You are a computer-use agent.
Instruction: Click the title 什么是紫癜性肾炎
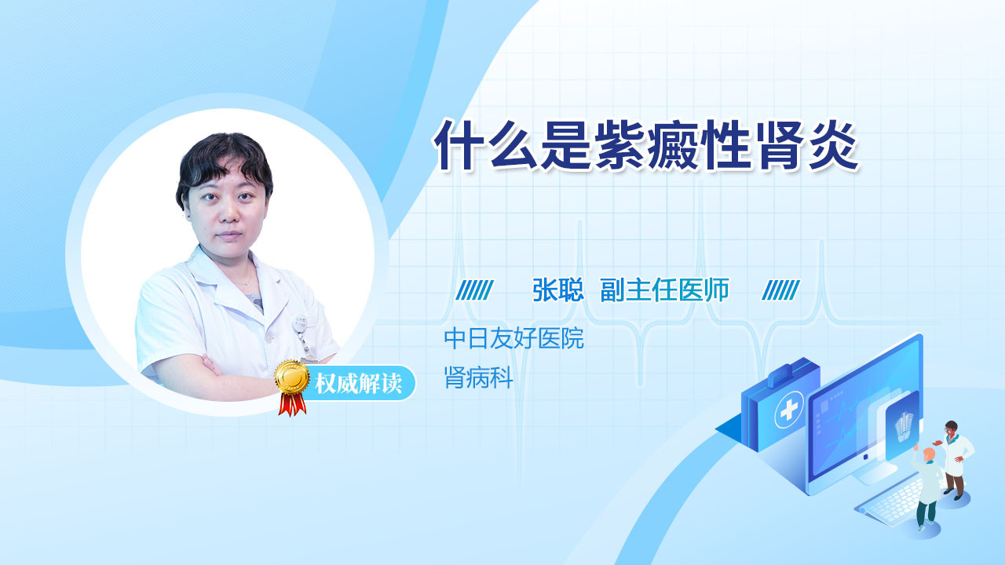[x=645, y=145]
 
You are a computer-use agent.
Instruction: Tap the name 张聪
[x=557, y=290]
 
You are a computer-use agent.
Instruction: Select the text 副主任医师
[x=664, y=290]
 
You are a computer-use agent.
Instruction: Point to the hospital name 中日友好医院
[x=513, y=338]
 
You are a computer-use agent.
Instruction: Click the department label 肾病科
[x=478, y=377]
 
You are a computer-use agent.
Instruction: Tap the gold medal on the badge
[x=292, y=377]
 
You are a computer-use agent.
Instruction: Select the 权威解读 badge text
[x=358, y=384]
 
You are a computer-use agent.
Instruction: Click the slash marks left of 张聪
[x=474, y=290]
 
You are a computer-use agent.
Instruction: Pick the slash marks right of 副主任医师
[x=780, y=290]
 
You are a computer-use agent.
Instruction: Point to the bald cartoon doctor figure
[x=926, y=488]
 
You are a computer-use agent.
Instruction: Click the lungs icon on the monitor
[x=903, y=426]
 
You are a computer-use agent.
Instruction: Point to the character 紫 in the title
[x=619, y=145]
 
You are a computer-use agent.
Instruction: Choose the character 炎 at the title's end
[x=833, y=145]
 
